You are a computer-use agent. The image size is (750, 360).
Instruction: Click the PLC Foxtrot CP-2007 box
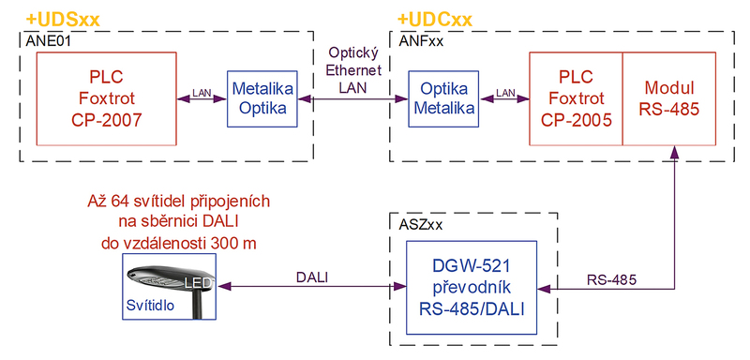(x=107, y=98)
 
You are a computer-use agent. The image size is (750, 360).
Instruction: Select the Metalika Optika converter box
(x=262, y=99)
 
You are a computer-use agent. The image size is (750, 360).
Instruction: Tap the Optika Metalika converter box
(x=443, y=99)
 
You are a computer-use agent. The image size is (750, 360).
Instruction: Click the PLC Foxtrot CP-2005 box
(x=576, y=98)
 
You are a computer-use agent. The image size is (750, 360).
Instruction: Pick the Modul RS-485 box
(x=669, y=98)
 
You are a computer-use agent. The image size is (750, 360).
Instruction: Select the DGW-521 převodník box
(x=472, y=288)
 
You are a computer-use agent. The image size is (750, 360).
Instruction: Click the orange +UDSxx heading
(x=62, y=21)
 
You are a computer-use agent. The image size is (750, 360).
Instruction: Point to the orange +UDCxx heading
(x=435, y=21)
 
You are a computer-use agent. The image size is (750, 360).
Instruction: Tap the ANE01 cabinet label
(x=48, y=40)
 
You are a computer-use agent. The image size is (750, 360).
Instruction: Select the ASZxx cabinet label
(x=420, y=225)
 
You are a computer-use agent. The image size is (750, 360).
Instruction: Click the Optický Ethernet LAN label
(x=353, y=70)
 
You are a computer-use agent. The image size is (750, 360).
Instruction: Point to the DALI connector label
(x=312, y=278)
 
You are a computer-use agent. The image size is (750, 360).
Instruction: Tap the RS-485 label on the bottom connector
(x=612, y=279)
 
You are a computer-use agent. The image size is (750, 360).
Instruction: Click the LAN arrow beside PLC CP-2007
(x=202, y=99)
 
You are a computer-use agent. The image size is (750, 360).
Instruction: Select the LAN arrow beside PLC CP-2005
(x=504, y=99)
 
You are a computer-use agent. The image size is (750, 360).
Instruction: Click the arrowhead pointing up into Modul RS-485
(x=674, y=152)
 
